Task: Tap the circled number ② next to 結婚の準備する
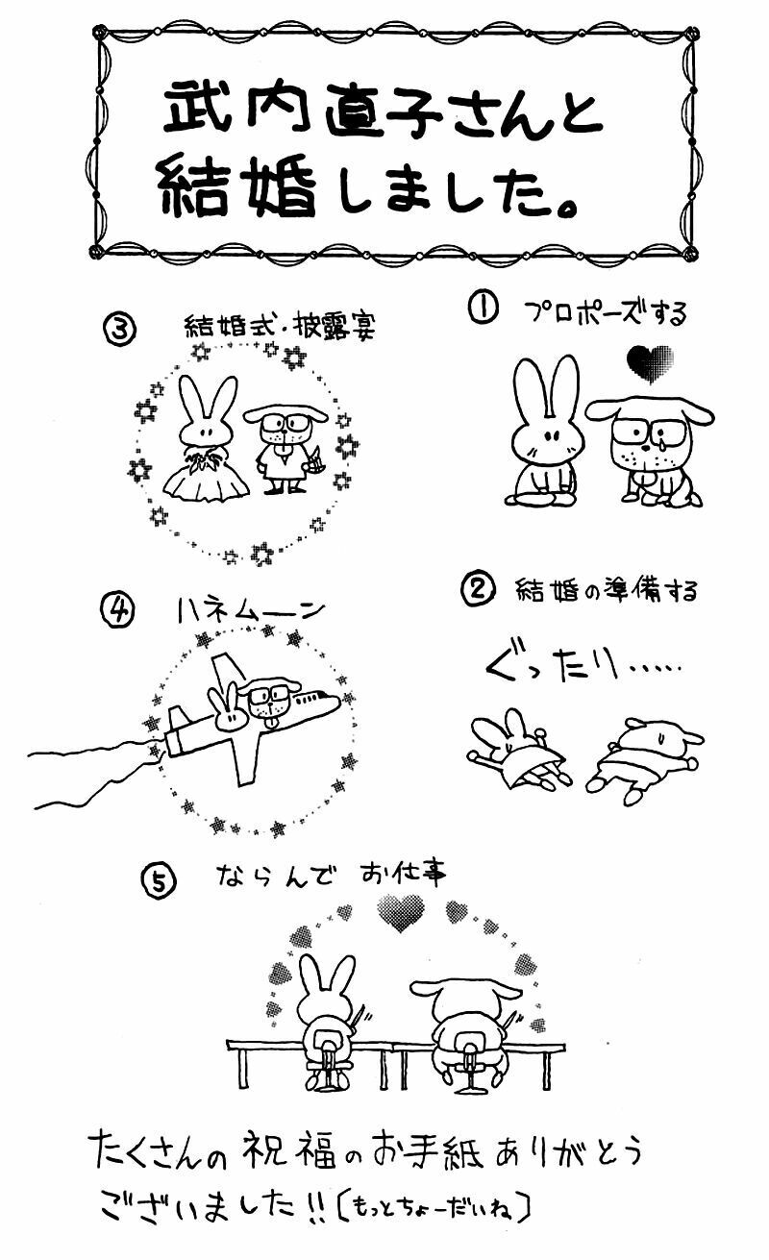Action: point(479,589)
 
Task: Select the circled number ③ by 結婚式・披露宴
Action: point(119,329)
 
